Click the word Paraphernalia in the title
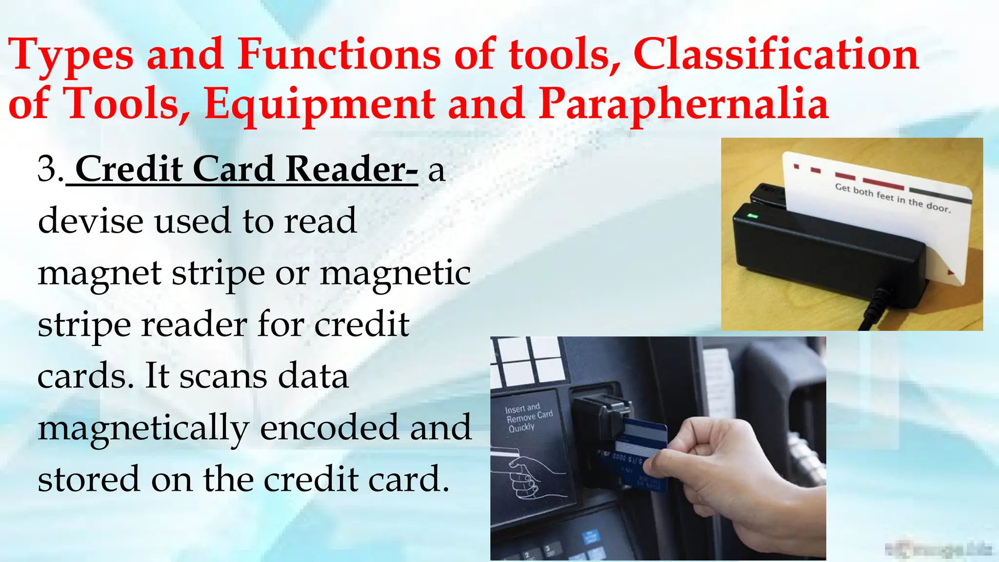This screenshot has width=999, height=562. (x=683, y=104)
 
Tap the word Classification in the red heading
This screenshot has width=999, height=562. (x=776, y=54)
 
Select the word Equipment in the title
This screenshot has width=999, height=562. (x=320, y=104)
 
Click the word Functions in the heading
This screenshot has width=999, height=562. (x=339, y=54)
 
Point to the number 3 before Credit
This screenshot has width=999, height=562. (x=49, y=169)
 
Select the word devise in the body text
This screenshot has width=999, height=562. (x=90, y=221)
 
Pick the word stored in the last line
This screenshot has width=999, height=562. (x=88, y=480)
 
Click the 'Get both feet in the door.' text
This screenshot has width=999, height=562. (x=892, y=198)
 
